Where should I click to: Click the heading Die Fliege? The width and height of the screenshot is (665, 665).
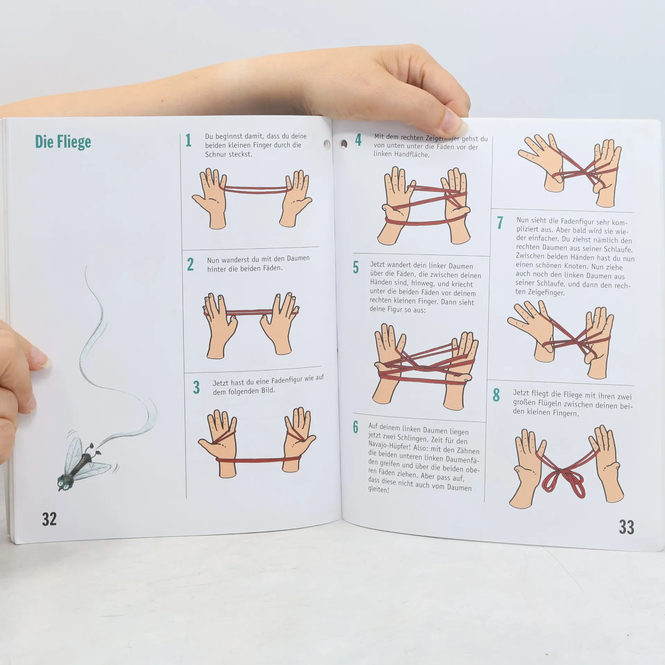[63, 142]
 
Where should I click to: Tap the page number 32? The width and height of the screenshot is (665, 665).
[49, 519]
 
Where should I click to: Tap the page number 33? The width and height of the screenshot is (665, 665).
[627, 527]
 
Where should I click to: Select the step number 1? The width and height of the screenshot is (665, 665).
[188, 140]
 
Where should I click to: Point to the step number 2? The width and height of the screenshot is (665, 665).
[190, 264]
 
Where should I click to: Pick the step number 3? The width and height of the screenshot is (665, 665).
[196, 388]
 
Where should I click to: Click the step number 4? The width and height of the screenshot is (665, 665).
[358, 140]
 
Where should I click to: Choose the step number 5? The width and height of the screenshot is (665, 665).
[356, 267]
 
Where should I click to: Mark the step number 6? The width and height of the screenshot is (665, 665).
[356, 427]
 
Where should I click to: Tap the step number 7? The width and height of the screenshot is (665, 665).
[499, 223]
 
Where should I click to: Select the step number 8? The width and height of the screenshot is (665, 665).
[496, 395]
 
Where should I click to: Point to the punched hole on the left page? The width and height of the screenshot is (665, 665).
[327, 143]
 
